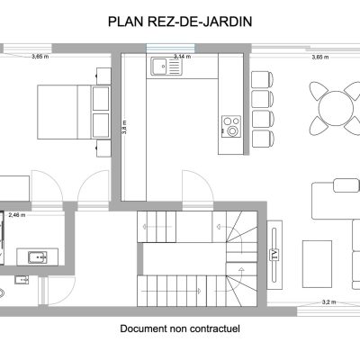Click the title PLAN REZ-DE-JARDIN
pos(180,22)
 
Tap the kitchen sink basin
pos(159,66)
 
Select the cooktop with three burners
pos(231,127)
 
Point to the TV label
pos(274,255)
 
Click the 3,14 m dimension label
pos(183,57)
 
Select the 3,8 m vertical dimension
pos(124,127)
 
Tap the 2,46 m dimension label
pos(17,215)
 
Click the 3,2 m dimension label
pos(328,302)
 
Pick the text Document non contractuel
pos(180,328)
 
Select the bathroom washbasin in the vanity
pos(38,257)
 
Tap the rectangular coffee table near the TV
pos(317,264)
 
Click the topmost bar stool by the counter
pos(263,79)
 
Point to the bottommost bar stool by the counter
pos(263,139)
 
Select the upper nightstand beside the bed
pos(103,76)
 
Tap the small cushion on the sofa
pos(346,185)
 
